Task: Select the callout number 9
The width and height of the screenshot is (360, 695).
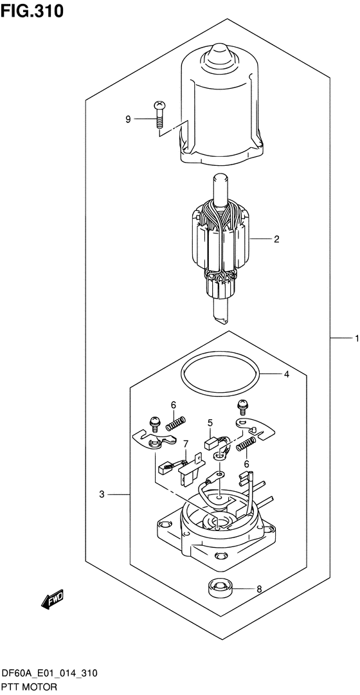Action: tap(128, 119)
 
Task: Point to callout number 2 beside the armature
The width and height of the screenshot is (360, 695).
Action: tap(276, 240)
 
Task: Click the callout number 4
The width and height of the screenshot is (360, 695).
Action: tap(287, 374)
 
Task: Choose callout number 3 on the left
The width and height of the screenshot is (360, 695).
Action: tap(102, 494)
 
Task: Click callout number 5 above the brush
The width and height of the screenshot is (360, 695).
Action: tap(210, 422)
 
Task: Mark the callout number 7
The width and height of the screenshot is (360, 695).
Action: tap(185, 444)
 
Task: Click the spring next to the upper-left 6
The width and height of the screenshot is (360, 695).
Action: tap(175, 424)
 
